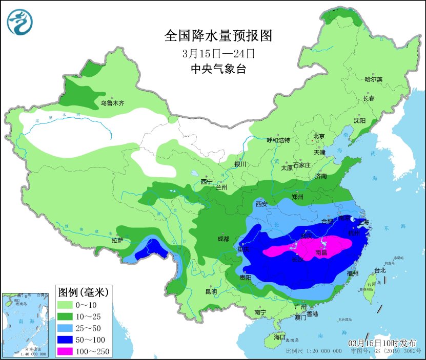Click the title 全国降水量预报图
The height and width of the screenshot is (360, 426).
[217, 36]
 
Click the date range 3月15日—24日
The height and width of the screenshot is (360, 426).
[218, 53]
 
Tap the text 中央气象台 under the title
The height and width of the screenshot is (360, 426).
[218, 69]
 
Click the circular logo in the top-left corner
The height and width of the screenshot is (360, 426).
[19, 22]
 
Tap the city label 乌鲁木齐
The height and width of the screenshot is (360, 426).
[112, 103]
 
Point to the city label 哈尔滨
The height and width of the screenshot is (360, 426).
[373, 79]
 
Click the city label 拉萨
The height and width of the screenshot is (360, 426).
[117, 240]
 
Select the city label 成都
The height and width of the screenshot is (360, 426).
[223, 239]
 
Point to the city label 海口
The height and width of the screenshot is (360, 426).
[279, 337]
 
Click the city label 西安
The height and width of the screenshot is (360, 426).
[261, 204]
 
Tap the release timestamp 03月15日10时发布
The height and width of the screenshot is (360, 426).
[382, 343]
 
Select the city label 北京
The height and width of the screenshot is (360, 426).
[319, 136]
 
